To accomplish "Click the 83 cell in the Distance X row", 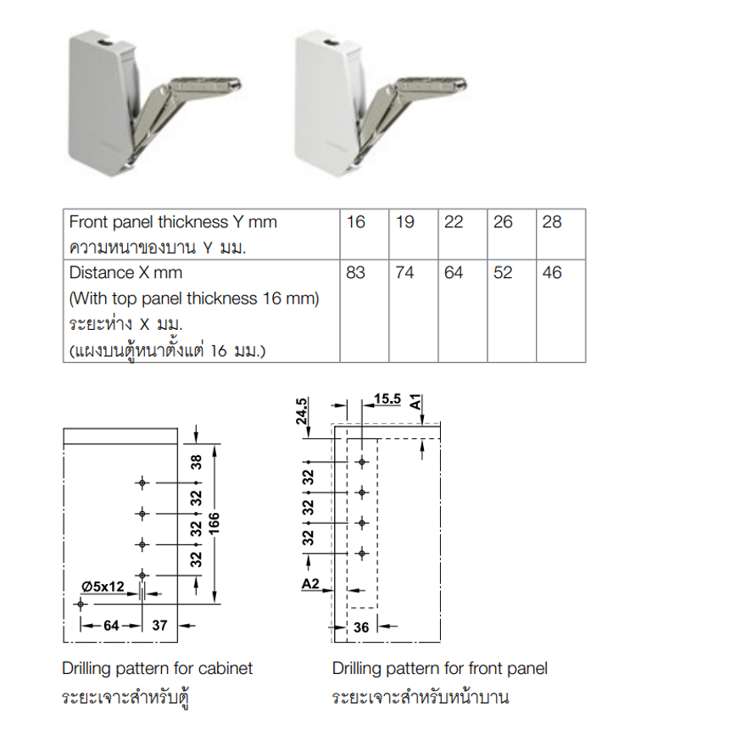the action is (355, 272).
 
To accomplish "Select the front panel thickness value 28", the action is (552, 221).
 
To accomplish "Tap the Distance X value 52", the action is (503, 272).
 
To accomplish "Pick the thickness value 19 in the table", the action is (404, 221).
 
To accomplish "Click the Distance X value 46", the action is (552, 272).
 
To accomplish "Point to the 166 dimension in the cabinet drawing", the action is (214, 523).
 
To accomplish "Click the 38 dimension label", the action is (197, 462).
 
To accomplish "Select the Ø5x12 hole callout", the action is (103, 587).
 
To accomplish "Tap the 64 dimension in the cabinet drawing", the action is (111, 625).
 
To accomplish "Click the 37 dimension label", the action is (159, 625).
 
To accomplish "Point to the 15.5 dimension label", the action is (387, 398).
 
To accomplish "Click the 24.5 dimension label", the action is (302, 411).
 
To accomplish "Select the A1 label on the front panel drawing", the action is (415, 402).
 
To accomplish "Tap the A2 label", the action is (310, 583).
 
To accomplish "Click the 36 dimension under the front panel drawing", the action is (361, 627).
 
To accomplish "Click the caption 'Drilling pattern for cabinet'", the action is (158, 669).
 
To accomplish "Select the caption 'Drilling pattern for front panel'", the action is (439, 669).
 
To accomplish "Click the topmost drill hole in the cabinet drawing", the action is (142, 482).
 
